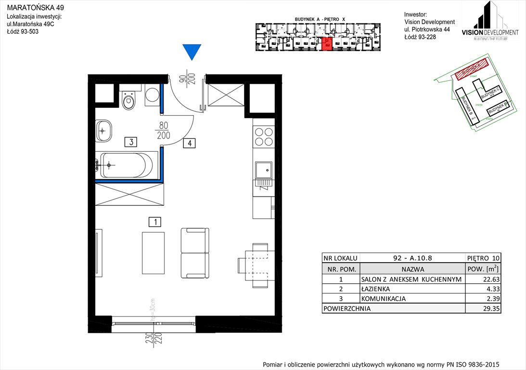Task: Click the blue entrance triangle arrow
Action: click(192, 51)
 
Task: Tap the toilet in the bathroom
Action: click(128, 101)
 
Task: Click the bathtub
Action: click(127, 165)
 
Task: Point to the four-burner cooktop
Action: click(263, 136)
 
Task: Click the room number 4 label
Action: click(190, 143)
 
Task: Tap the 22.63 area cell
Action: click(483, 279)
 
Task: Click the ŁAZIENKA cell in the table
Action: click(375, 289)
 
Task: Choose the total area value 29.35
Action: click(483, 308)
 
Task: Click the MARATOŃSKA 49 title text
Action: click(34, 8)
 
